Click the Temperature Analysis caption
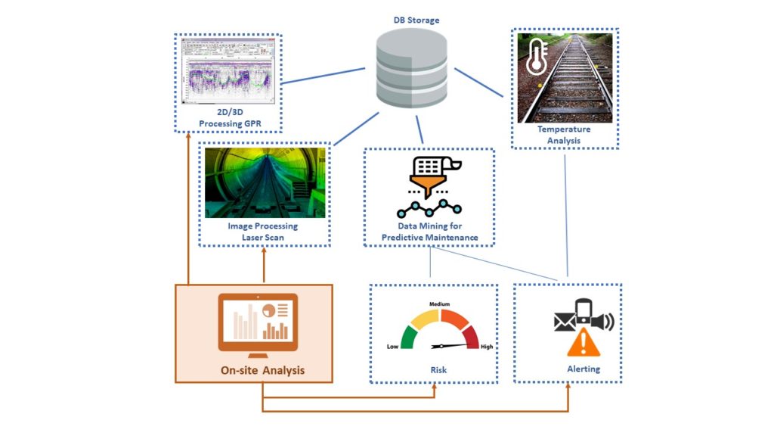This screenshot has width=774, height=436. click(564, 135)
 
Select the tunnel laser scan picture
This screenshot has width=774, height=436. click(265, 182)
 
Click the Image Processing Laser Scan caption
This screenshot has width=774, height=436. click(264, 232)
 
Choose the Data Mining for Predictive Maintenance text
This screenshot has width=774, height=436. click(429, 232)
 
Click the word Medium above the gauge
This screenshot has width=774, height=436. click(440, 304)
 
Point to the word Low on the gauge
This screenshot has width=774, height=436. click(392, 347)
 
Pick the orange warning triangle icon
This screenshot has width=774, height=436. click(582, 345)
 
